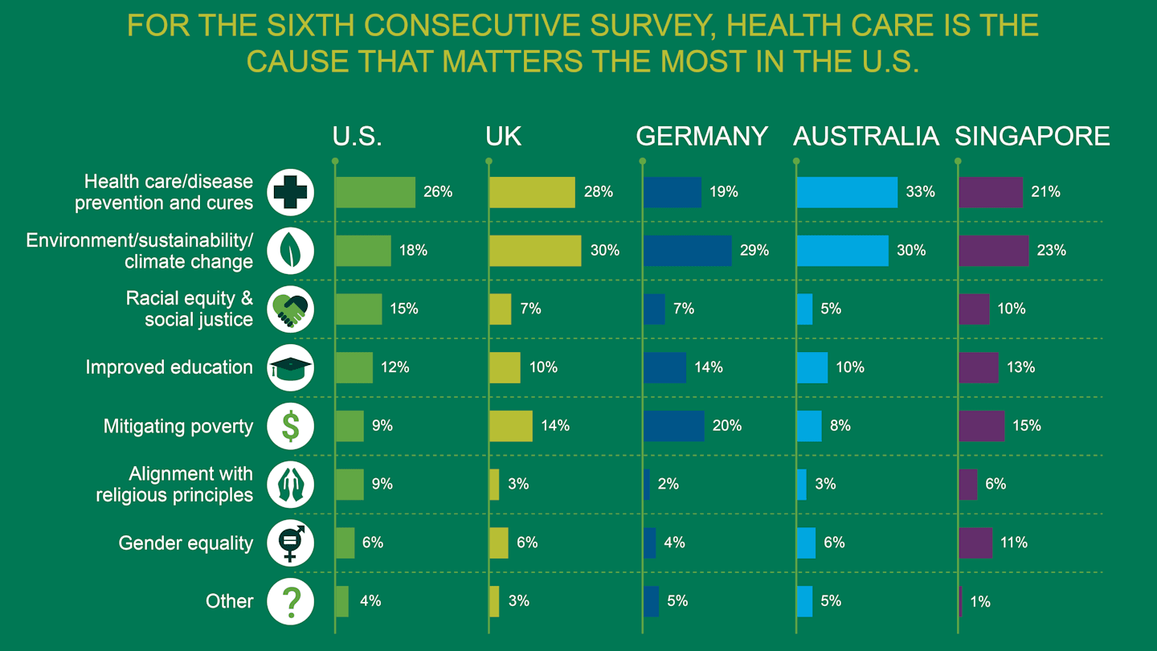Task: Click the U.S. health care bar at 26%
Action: point(375,192)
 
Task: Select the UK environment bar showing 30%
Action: point(535,251)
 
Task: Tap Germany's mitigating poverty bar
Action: point(674,426)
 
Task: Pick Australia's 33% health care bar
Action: point(847,192)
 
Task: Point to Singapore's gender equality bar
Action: point(975,542)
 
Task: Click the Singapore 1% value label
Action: point(980,601)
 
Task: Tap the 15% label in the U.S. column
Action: point(404,309)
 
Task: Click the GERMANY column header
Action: point(701,137)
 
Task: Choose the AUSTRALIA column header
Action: point(865,137)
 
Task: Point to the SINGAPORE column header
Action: point(1032,137)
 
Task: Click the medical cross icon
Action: point(290,192)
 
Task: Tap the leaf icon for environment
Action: point(290,251)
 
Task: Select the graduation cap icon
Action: point(290,367)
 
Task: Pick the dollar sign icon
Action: point(290,426)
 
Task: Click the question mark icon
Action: point(290,601)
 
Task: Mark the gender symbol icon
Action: point(290,542)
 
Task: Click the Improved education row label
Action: point(169,367)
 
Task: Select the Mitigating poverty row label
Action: point(178,426)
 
